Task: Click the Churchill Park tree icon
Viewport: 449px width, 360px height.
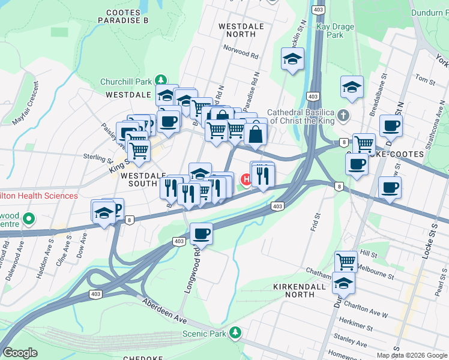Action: tap(160, 80)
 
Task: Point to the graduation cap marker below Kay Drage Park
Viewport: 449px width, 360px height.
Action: tap(292, 59)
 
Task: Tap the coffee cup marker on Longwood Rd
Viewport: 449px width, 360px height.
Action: tap(201, 233)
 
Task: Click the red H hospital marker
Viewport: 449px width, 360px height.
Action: tap(246, 179)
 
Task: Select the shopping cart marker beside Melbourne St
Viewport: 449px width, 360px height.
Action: tap(345, 261)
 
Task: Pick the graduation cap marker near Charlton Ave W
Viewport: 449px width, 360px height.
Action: tap(343, 283)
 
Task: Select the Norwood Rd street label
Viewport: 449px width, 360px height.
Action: tap(240, 52)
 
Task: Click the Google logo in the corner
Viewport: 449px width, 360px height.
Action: tap(20, 353)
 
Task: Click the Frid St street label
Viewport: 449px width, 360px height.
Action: tap(315, 221)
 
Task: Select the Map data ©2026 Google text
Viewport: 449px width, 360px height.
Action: tap(412, 355)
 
